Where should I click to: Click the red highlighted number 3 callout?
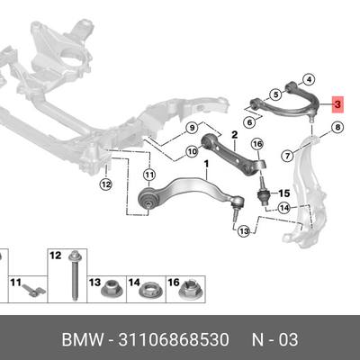click(x=337, y=104)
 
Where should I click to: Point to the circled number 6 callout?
click(x=249, y=122)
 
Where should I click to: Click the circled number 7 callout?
click(x=287, y=156)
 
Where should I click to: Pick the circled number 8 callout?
click(x=337, y=128)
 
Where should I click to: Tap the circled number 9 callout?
click(x=192, y=128)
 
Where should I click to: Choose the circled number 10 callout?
click(x=192, y=152)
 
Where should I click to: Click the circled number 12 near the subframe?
click(x=105, y=184)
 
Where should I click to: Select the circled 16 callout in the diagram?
click(x=257, y=144)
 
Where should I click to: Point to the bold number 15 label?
click(x=283, y=193)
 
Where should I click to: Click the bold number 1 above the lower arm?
click(x=206, y=165)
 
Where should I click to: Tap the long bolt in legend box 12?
click(x=73, y=275)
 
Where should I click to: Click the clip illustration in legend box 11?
click(x=33, y=290)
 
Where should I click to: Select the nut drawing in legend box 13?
click(x=111, y=289)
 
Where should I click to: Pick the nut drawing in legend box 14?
click(x=148, y=290)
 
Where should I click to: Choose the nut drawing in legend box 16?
click(x=189, y=289)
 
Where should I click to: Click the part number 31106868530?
click(x=174, y=340)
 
